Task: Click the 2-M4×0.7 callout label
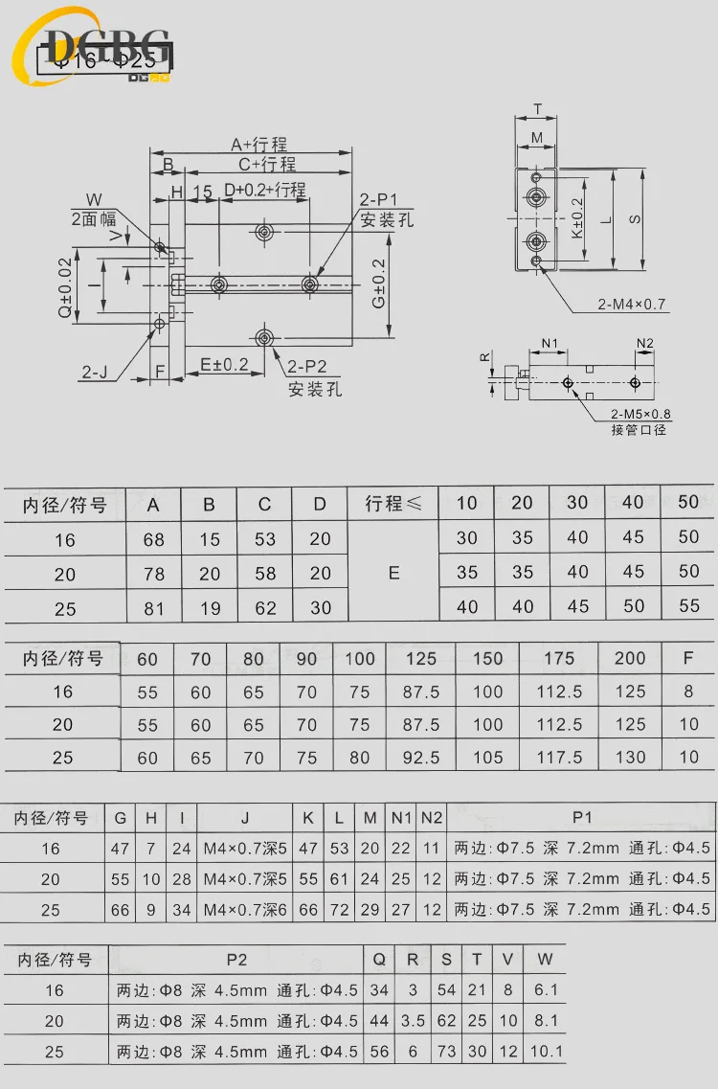click(632, 305)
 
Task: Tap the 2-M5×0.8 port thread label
click(639, 415)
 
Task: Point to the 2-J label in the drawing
click(94, 373)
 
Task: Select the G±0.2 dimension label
click(379, 284)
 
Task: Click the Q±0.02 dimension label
click(64, 285)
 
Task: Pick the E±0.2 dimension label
click(225, 364)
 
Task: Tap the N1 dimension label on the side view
click(549, 343)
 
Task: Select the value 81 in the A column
click(154, 608)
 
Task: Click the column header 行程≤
click(393, 504)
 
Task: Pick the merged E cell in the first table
click(393, 573)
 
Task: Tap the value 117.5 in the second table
click(559, 757)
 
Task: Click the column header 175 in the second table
click(559, 658)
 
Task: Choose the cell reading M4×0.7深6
click(245, 910)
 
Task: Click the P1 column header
click(582, 818)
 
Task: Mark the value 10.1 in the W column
click(546, 1052)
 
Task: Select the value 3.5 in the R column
click(413, 1021)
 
